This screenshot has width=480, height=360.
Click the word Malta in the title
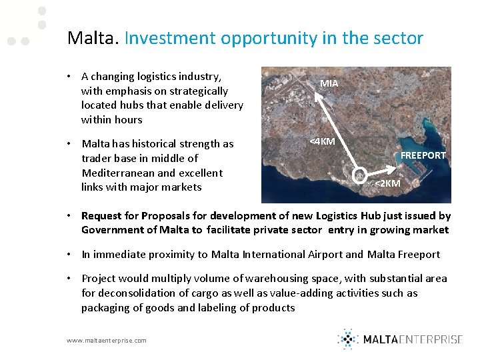click(x=92, y=38)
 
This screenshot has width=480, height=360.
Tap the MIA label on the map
click(x=329, y=84)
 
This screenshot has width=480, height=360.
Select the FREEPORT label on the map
click(x=423, y=155)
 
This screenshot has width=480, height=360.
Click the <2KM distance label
click(x=387, y=183)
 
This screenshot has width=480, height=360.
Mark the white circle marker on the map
click(x=360, y=175)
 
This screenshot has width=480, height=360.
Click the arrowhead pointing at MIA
click(x=317, y=95)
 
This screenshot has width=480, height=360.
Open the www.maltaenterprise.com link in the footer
click(x=107, y=340)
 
